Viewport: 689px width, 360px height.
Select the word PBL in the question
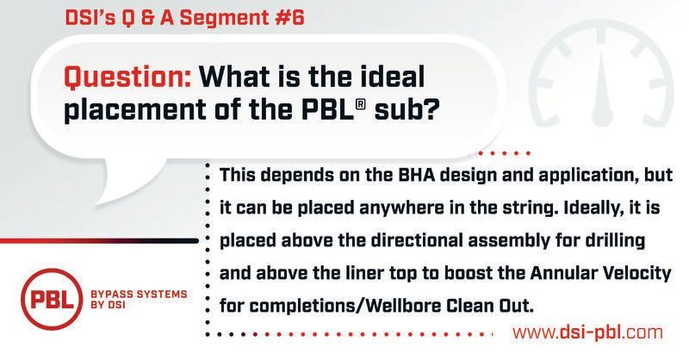[x=327, y=109]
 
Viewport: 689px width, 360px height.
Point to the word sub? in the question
[x=406, y=109]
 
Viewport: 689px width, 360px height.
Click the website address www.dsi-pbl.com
[x=587, y=332]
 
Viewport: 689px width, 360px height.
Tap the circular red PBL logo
[x=51, y=299]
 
